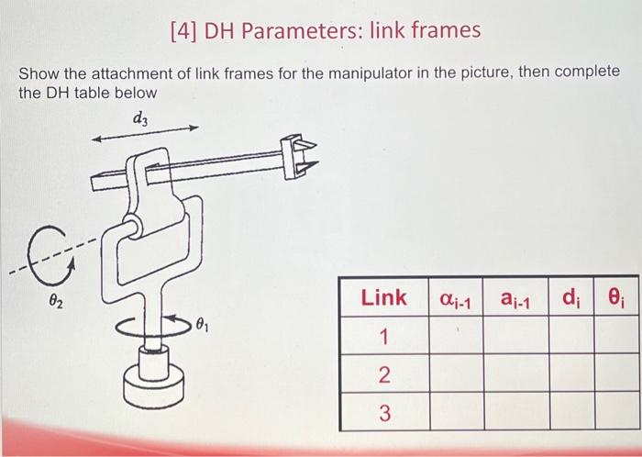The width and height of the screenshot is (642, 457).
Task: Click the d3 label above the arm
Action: tap(139, 117)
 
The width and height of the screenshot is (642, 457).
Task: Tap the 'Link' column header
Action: tap(383, 296)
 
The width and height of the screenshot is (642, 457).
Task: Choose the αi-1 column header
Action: tap(455, 297)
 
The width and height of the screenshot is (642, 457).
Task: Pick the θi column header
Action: tap(616, 297)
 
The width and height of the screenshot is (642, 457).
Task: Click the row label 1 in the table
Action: tap(383, 337)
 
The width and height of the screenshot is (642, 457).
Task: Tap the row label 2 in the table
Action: tap(383, 375)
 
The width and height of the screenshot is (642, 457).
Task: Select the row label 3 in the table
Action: tap(383, 412)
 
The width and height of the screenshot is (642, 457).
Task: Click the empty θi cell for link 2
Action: tap(616, 375)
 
